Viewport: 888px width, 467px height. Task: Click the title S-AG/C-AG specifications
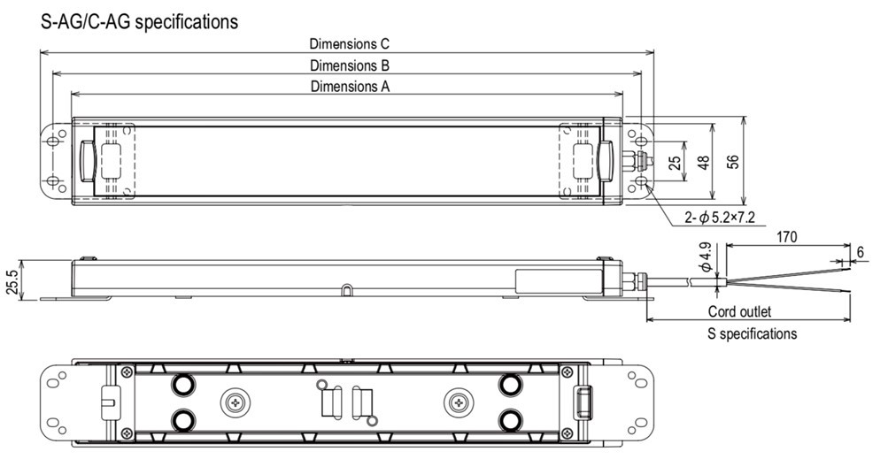pyautogui.click(x=139, y=22)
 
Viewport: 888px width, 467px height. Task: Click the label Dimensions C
pyautogui.click(x=350, y=43)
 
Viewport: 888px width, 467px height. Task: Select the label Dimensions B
pyautogui.click(x=350, y=65)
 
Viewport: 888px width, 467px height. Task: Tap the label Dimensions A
pyautogui.click(x=350, y=87)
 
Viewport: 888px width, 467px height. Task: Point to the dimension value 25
pyautogui.click(x=676, y=162)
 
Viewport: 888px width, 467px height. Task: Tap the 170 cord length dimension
pyautogui.click(x=787, y=237)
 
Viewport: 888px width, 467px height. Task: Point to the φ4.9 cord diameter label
pyautogui.click(x=705, y=257)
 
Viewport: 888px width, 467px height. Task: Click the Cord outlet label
pyautogui.click(x=739, y=311)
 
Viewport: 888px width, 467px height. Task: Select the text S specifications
pyautogui.click(x=752, y=333)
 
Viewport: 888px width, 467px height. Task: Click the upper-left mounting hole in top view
pyautogui.click(x=55, y=142)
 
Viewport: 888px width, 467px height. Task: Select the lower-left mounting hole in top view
pyautogui.click(x=55, y=181)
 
